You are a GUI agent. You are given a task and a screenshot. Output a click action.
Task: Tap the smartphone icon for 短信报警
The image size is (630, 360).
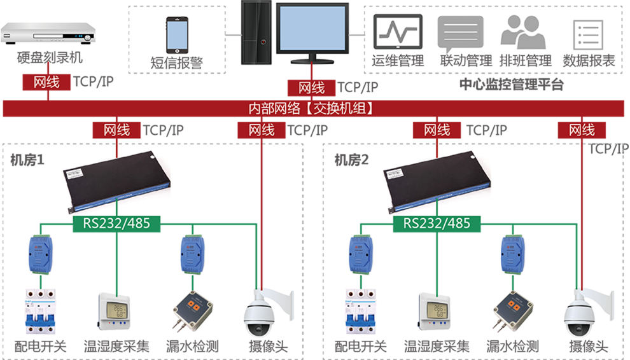(x=177, y=34)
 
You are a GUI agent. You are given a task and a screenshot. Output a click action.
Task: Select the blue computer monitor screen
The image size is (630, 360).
(x=312, y=25)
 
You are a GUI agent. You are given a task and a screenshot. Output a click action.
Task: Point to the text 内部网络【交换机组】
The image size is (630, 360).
(x=311, y=108)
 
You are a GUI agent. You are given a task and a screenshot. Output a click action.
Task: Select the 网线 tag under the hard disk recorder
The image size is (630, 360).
(x=46, y=82)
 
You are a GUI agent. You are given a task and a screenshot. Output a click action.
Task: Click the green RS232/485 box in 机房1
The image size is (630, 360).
(x=116, y=223)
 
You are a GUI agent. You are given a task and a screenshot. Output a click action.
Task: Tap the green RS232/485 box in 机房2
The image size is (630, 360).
(x=437, y=223)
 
